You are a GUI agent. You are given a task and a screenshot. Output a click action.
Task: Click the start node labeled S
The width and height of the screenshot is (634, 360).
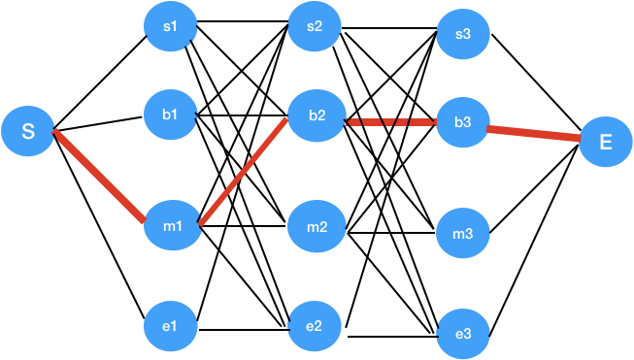click(28, 131)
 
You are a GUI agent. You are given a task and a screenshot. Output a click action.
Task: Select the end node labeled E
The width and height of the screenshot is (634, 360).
click(606, 142)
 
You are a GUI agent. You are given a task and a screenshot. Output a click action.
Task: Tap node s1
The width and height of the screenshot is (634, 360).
click(171, 27)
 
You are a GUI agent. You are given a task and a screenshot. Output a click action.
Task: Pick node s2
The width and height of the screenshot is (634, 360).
click(315, 27)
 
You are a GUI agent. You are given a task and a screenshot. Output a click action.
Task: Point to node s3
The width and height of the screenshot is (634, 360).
click(463, 36)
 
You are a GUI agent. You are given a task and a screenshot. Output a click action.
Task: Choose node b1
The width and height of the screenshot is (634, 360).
click(171, 115)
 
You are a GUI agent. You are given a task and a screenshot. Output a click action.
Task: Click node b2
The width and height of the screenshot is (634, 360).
click(317, 116)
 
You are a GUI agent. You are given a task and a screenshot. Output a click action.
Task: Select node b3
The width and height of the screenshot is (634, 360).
click(463, 122)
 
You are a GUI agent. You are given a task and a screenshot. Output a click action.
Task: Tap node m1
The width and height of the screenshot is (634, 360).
click(172, 226)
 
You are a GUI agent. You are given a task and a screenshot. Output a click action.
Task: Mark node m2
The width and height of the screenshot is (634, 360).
click(317, 228)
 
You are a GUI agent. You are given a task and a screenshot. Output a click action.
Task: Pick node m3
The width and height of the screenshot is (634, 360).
click(463, 234)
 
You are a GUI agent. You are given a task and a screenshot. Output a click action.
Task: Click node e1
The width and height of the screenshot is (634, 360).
click(171, 326)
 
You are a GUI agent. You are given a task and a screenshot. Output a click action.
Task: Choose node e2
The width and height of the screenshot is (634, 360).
click(315, 326)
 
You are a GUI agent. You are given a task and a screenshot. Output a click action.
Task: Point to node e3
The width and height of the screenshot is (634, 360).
click(463, 334)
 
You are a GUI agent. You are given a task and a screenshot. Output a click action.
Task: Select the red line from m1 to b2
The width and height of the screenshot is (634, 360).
click(244, 171)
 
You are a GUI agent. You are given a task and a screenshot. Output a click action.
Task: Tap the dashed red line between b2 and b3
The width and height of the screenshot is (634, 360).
click(390, 123)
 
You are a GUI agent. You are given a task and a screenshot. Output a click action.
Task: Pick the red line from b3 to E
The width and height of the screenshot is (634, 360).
click(534, 134)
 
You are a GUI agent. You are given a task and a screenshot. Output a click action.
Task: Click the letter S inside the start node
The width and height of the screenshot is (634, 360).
click(28, 131)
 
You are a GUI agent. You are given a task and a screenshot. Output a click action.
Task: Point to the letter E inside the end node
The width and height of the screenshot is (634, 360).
click(606, 142)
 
